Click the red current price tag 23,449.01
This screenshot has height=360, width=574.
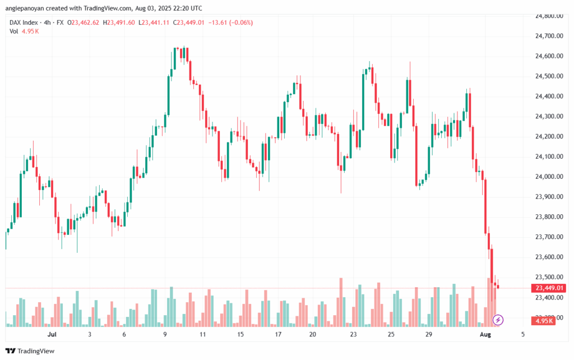tap(549, 288)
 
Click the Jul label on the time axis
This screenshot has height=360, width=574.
tap(52, 334)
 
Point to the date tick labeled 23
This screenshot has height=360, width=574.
tap(354, 334)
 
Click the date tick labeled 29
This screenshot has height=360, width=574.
tap(429, 334)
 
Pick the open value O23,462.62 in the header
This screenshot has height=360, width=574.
tap(83, 22)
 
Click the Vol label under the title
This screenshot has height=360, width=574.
tap(14, 31)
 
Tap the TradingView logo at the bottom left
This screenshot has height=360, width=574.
tap(31, 351)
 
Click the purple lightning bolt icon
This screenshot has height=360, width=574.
tap(498, 320)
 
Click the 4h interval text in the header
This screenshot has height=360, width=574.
tap(50, 22)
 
